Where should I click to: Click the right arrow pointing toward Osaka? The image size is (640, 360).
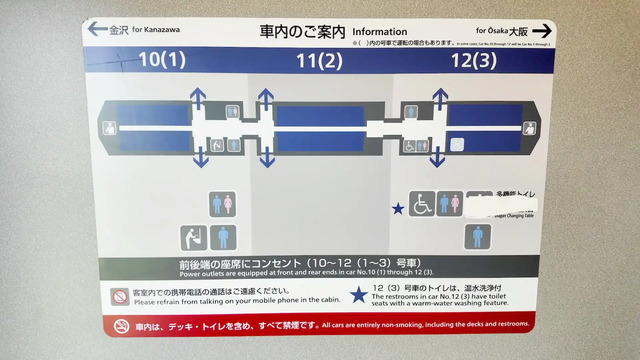[x=541, y=31]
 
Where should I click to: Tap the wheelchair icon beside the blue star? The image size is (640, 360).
[x=421, y=204]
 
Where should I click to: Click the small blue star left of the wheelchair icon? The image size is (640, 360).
[x=398, y=209]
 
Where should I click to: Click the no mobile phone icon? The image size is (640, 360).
[x=120, y=296]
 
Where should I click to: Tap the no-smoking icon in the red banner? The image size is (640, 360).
[x=121, y=326]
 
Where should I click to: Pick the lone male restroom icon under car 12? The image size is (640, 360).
[x=478, y=237]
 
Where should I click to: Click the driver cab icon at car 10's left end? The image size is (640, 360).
[x=110, y=127]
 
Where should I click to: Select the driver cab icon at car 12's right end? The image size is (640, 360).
[x=530, y=127]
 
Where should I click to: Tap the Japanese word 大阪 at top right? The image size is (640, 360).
[x=517, y=31]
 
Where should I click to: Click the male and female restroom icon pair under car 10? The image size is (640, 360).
[x=222, y=204]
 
